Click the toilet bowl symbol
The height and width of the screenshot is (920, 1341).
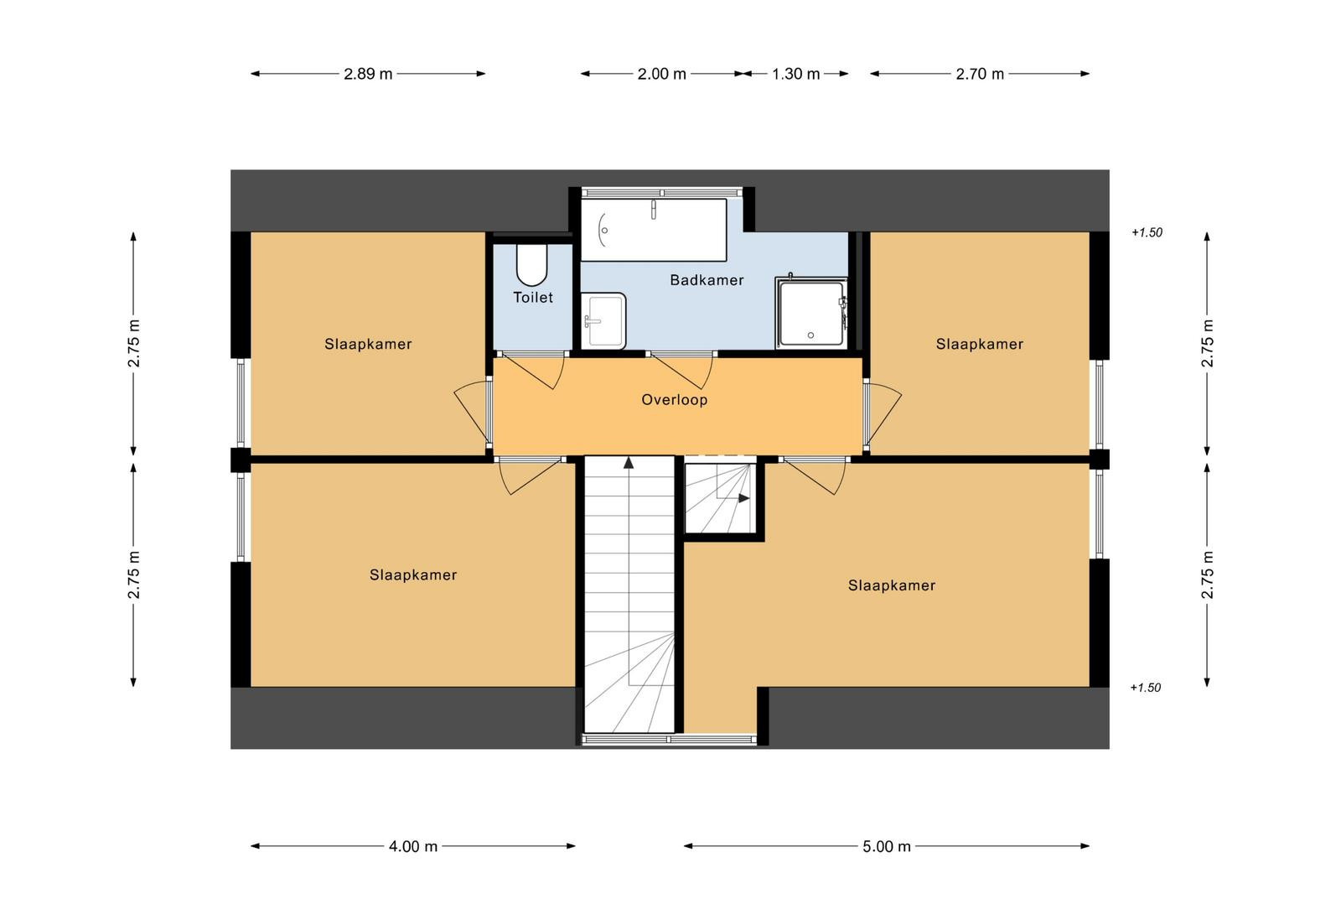coord(531,264)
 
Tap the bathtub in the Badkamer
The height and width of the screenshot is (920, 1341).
coord(654,230)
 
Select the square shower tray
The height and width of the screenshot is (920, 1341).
coord(812,314)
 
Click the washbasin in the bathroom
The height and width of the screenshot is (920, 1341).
coord(603,320)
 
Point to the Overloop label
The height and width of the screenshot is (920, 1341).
coord(675,399)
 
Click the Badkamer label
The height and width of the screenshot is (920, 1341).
coord(707,280)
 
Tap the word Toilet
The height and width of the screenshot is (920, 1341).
coord(533,297)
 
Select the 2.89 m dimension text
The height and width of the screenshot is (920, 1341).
coord(368,74)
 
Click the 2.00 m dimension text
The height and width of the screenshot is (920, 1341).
coord(661,74)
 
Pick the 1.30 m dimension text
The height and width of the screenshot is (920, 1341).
coord(795,74)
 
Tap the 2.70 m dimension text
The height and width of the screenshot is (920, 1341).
coord(980,74)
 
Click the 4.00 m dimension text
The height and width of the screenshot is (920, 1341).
coord(413,846)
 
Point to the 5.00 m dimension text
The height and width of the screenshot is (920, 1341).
coord(887,846)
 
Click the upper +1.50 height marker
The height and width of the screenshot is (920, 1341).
coord(1147,232)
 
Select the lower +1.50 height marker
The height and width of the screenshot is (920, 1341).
coord(1145,688)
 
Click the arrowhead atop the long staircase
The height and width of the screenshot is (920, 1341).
coord(629,462)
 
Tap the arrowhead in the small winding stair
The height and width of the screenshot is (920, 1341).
coord(744,497)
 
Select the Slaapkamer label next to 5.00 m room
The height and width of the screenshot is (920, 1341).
coord(892,585)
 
